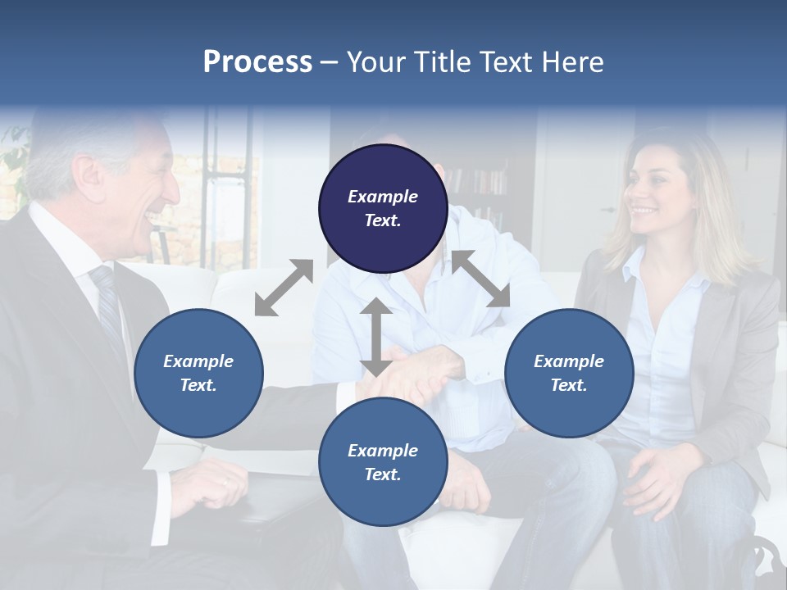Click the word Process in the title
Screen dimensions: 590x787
coord(257,62)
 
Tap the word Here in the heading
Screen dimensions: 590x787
coord(572,62)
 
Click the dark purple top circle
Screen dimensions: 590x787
coord(383,208)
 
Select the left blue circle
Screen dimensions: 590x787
coord(198,373)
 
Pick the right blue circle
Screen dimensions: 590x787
coord(569,373)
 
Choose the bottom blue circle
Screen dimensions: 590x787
coord(383,462)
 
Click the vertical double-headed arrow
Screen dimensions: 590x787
coord(375,338)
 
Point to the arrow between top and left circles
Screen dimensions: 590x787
coord(284,288)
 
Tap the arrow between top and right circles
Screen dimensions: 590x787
coord(481,279)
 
